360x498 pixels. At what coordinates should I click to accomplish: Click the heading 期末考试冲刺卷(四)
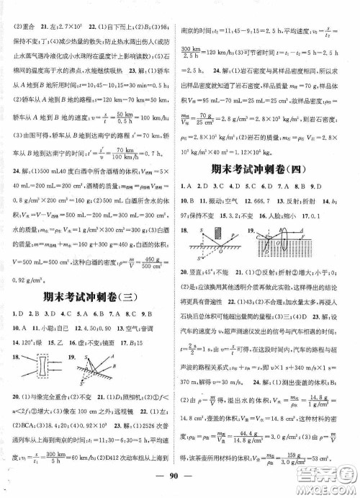coord(269,169)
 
